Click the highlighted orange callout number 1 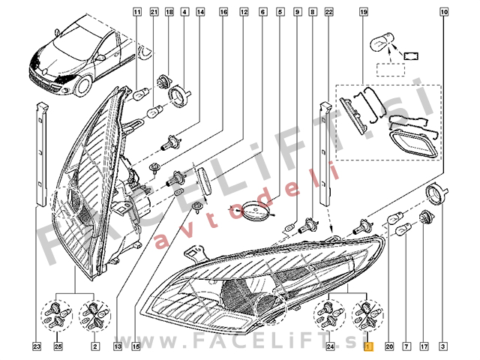368,346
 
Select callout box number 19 363,12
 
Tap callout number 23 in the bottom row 37,346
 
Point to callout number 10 444,12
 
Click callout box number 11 137,12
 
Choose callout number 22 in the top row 328,12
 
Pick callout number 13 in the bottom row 118,346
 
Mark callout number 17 424,346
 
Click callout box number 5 280,12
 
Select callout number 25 58,346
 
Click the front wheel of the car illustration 83,85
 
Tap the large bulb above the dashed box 382,43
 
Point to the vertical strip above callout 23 42,154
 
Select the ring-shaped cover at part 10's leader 436,194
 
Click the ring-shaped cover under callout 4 180,96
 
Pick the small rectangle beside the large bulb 411,56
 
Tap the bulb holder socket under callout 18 164,82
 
